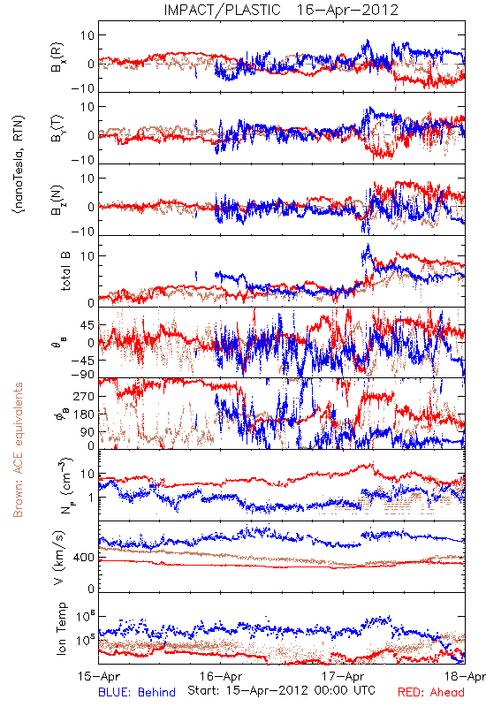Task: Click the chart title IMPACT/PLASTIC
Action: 223,10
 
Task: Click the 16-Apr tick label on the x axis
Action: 221,677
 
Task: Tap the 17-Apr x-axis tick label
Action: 343,677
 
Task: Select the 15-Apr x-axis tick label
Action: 99,677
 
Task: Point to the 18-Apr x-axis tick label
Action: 465,677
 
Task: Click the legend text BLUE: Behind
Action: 137,692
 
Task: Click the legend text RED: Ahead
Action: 430,692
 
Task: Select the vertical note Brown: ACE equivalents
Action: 18,450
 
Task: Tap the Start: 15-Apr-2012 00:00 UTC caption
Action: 281,690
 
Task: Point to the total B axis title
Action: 65,271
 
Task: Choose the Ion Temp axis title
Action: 61,628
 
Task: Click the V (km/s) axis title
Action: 59,558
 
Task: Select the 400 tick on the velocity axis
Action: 84,558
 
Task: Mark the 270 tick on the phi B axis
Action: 84,396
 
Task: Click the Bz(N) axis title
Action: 57,201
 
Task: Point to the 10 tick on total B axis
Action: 87,255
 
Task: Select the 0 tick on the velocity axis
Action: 92,589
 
